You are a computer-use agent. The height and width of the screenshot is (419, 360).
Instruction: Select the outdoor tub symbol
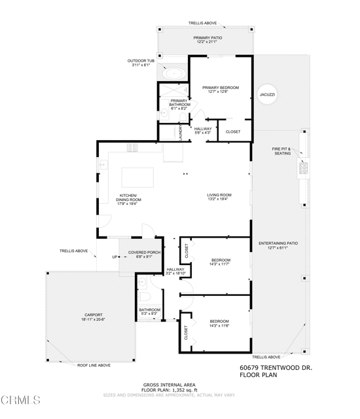[x=173, y=73]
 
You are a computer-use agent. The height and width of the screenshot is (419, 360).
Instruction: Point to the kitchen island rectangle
[x=138, y=177]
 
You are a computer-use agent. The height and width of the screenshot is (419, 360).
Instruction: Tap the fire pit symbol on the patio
[x=304, y=167]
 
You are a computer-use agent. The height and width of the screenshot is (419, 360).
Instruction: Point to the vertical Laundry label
[x=181, y=131]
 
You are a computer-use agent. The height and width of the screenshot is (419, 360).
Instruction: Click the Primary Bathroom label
[x=179, y=103]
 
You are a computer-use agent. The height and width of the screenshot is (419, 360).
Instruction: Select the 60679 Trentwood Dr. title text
[x=276, y=368]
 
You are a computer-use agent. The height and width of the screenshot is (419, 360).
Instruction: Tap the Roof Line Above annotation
[x=94, y=365]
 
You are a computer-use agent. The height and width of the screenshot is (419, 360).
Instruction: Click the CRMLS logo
[x=21, y=399]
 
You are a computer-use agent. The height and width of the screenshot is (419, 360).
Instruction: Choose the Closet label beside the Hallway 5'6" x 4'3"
[x=233, y=132]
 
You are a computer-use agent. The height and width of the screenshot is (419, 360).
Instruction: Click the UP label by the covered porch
[x=114, y=257]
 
